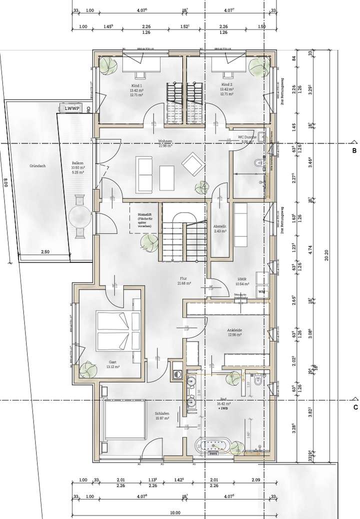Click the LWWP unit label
click(69, 107)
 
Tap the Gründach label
click(37, 165)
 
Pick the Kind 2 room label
click(227, 85)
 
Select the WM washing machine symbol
click(261, 291)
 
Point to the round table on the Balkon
click(79, 217)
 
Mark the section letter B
click(354, 150)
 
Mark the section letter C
click(354, 407)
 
